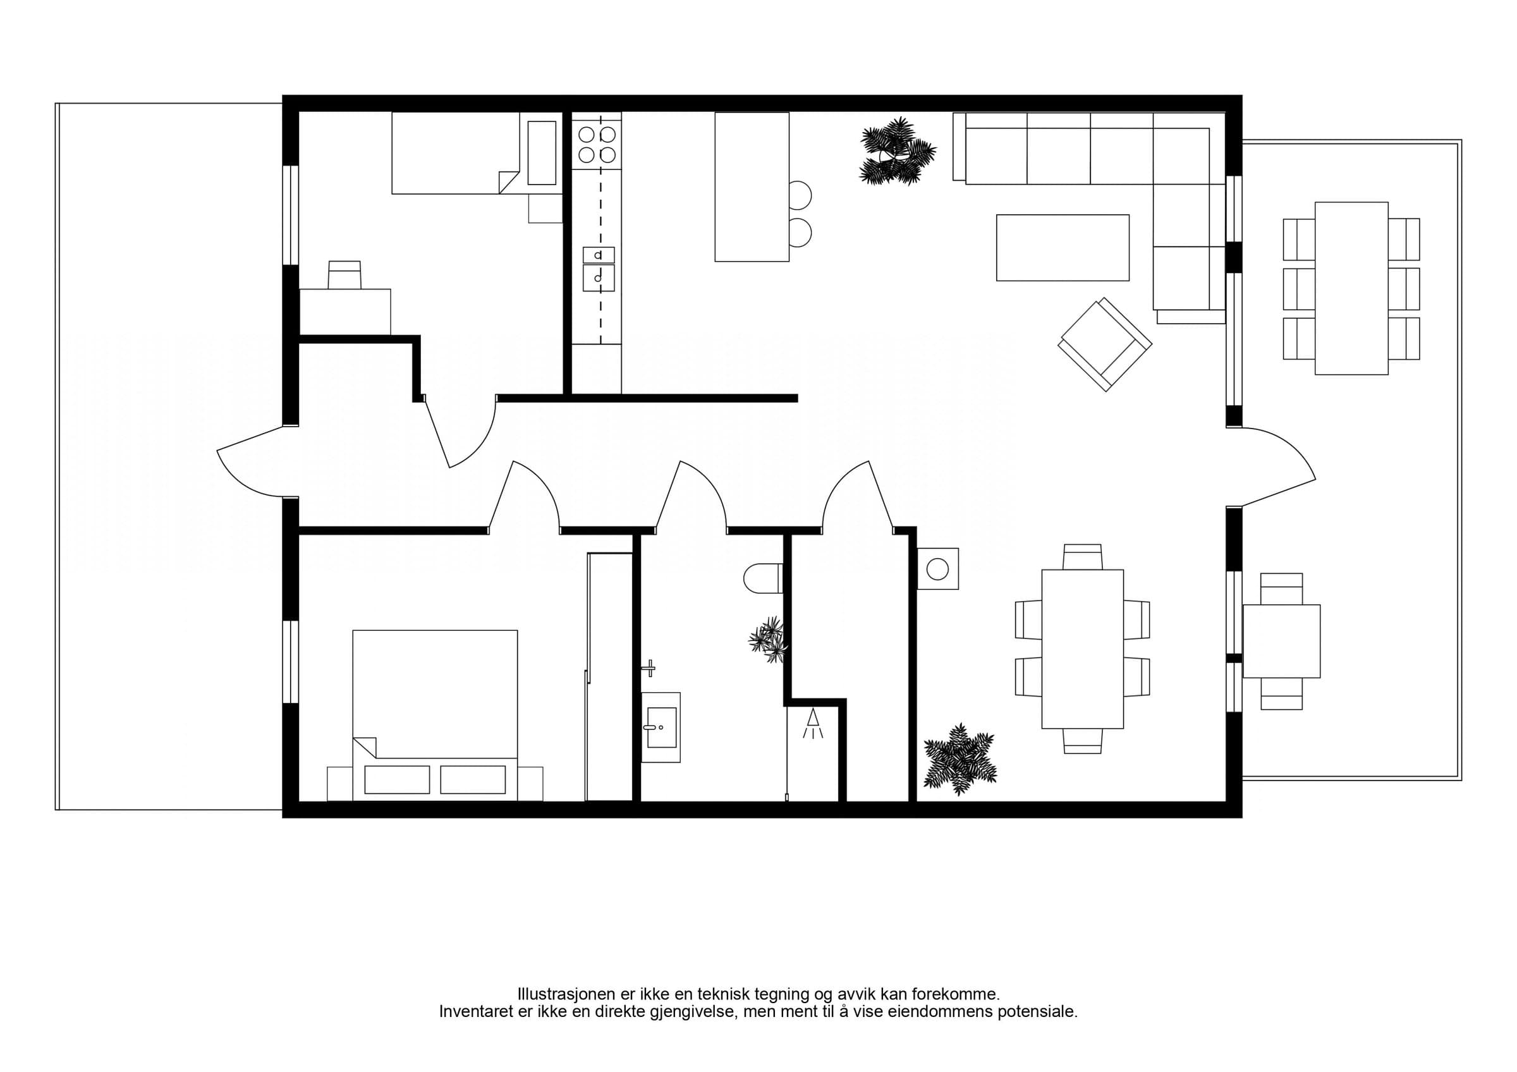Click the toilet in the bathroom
(763, 578)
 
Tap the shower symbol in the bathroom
(813, 724)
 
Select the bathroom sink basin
(661, 728)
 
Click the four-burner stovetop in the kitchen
(597, 145)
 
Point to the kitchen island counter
(752, 187)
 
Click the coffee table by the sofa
(1063, 248)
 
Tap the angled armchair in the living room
(1106, 344)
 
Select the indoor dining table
(1082, 649)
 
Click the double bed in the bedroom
(435, 716)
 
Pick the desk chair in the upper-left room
(345, 275)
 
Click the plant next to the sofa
(898, 151)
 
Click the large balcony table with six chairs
(1351, 289)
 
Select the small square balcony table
(1281, 642)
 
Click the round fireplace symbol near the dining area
(938, 568)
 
